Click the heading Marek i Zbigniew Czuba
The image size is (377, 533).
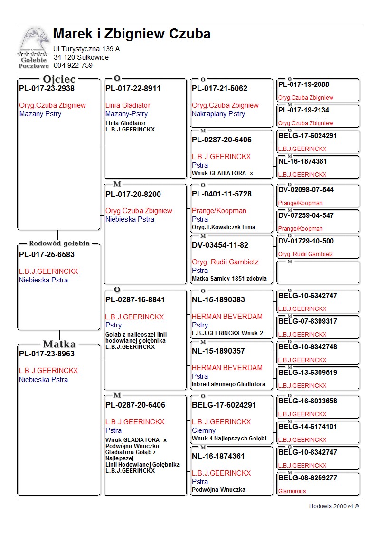tap(132, 34)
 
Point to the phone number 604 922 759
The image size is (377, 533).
tap(73, 65)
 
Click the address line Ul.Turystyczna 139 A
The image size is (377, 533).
tap(86, 49)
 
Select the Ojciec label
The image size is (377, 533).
tap(59, 79)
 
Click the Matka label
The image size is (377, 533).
tap(59, 344)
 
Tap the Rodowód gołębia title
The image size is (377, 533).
tap(59, 243)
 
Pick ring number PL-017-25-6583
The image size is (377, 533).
tap(47, 254)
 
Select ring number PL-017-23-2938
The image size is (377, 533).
tap(47, 88)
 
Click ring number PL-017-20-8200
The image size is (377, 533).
tap(133, 194)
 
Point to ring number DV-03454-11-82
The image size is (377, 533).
tap(220, 245)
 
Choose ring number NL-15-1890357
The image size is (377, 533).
tap(218, 351)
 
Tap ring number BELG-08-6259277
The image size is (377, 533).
tap(307, 478)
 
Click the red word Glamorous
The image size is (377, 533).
tap(292, 491)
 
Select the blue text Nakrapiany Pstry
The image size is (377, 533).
tap(218, 114)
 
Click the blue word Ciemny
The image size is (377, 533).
tap(204, 430)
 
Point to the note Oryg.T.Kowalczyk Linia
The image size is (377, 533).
tap(224, 227)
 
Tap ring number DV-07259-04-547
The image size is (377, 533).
tap(306, 215)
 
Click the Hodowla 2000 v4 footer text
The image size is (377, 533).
tap(334, 506)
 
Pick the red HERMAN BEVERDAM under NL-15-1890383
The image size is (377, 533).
tap(227, 317)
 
